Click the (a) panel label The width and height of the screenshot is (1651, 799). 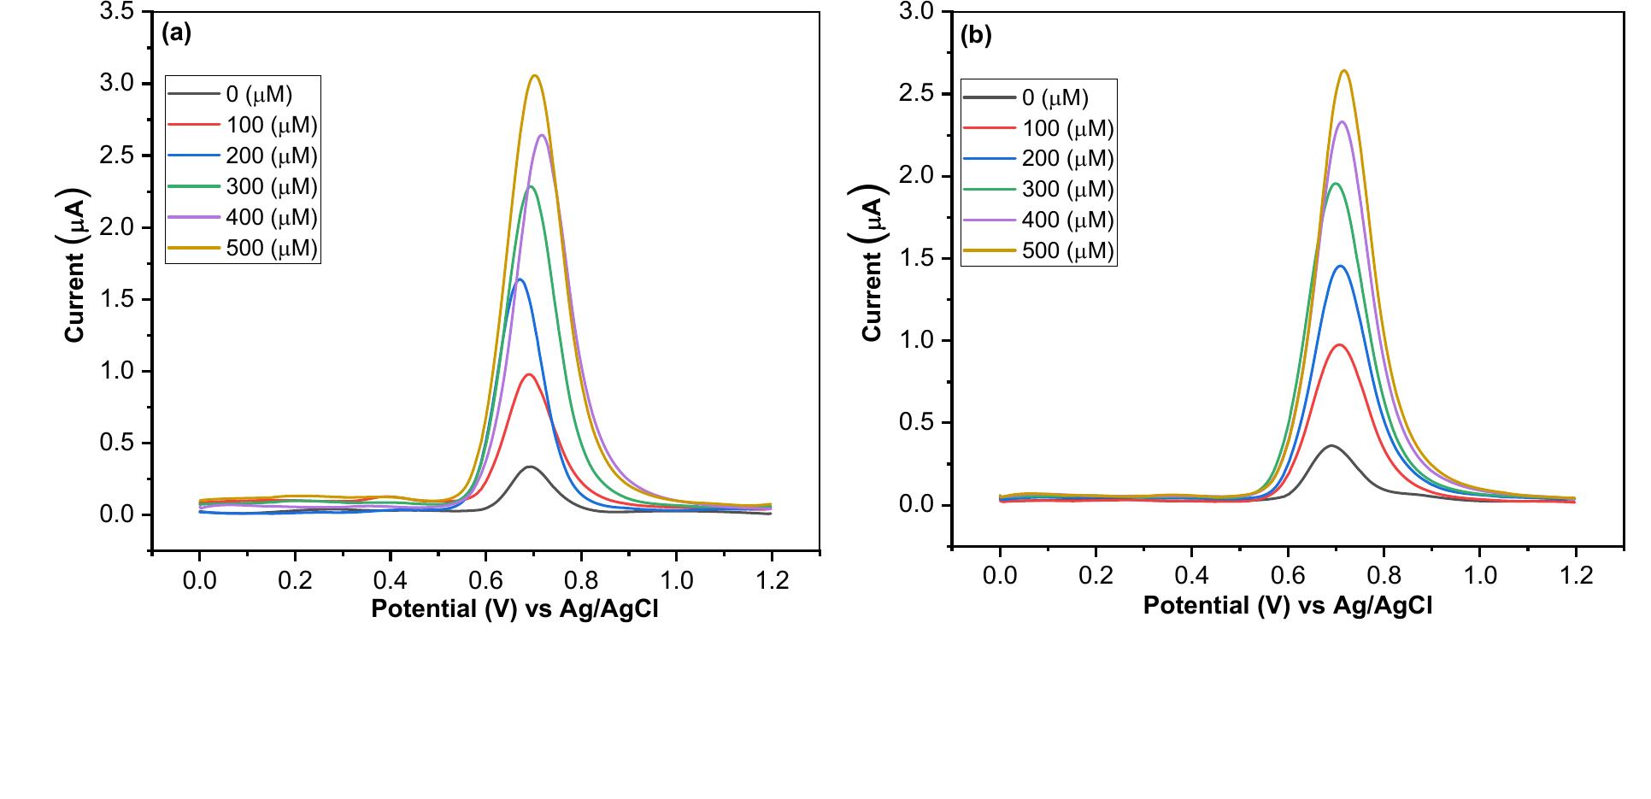(176, 33)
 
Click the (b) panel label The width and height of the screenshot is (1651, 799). (976, 36)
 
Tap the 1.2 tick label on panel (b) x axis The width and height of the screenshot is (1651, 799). (1577, 575)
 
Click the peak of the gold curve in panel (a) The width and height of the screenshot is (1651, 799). (535, 75)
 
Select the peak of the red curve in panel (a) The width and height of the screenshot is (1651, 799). (530, 374)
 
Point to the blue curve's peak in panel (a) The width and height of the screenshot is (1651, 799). (519, 279)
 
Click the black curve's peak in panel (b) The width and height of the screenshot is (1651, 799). (1330, 445)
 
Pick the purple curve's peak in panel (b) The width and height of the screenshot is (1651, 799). (1342, 121)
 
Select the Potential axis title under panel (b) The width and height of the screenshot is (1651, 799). (1287, 605)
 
